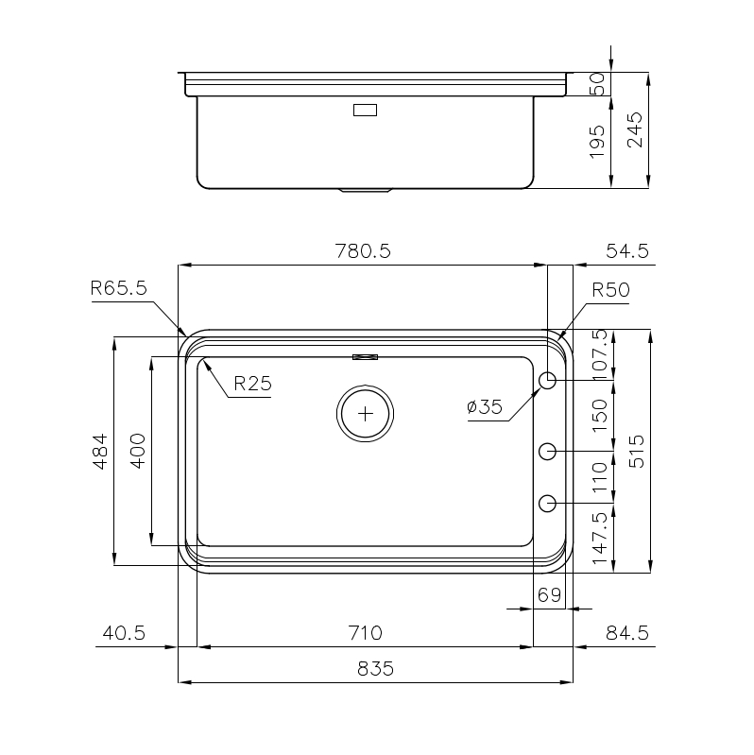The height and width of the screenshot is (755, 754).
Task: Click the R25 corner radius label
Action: click(252, 384)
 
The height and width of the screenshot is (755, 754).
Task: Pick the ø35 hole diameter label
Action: click(484, 407)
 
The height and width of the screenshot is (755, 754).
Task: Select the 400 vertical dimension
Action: click(137, 452)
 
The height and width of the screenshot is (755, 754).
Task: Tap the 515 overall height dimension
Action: click(636, 452)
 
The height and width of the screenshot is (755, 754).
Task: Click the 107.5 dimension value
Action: click(597, 355)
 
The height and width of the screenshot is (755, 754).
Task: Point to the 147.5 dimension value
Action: click(597, 538)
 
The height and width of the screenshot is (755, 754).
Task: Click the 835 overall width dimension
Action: click(375, 668)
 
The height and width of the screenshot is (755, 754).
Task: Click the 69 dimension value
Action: click(549, 595)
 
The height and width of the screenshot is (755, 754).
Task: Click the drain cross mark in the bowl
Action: click(365, 413)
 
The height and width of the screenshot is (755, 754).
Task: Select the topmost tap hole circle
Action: click(547, 380)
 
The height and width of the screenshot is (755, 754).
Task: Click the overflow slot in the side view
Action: click(365, 110)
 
